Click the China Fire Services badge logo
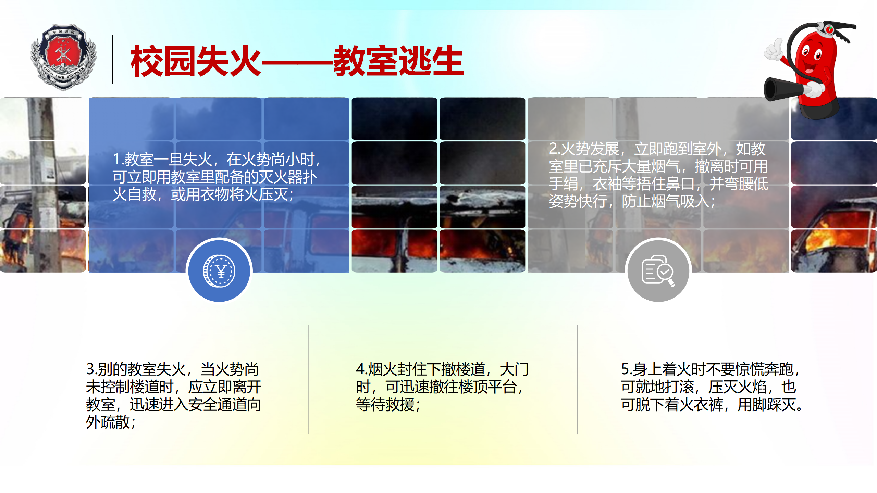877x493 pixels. tap(64, 57)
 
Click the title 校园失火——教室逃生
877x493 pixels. tap(297, 61)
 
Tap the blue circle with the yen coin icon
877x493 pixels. tap(219, 271)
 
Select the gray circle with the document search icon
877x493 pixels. tap(658, 271)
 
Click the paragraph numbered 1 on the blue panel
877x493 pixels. tap(218, 177)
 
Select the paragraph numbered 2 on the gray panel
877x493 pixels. tap(658, 175)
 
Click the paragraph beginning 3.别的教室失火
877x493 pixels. tap(173, 395)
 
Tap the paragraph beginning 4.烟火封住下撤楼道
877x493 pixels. tap(442, 387)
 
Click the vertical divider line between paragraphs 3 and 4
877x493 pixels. tap(308, 379)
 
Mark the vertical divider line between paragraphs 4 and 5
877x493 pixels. tap(578, 379)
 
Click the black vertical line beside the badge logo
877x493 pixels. tap(112, 59)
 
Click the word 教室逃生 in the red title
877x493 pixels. tap(398, 61)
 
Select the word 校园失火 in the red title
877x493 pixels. tap(196, 61)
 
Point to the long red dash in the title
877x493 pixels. tap(297, 62)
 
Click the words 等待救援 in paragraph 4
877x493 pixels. tap(385, 405)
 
